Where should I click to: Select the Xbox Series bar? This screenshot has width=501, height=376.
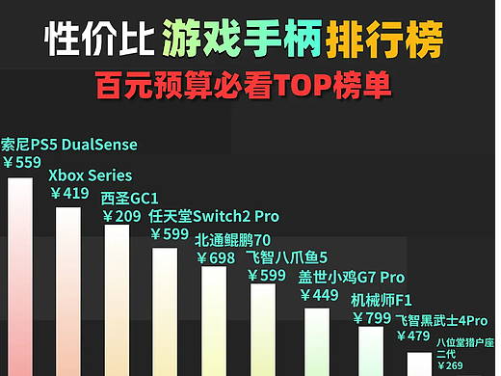click(68, 289)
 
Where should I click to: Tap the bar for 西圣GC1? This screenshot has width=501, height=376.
click(117, 299)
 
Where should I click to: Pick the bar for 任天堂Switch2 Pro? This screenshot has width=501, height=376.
click(165, 310)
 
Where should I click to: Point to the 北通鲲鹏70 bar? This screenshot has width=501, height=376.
click(214, 320)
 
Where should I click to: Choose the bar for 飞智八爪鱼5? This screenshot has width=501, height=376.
click(263, 329)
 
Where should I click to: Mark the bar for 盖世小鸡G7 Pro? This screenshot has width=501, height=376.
click(317, 340)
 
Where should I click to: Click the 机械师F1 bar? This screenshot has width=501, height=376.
click(371, 349)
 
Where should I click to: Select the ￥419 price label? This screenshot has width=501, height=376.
click(69, 193)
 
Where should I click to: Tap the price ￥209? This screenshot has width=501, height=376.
click(121, 217)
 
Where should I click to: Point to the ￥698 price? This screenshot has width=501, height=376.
click(216, 257)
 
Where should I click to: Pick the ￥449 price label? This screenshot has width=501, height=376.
click(319, 295)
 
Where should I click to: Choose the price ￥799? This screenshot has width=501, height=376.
click(372, 317)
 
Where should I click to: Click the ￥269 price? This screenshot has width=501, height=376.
click(450, 365)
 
